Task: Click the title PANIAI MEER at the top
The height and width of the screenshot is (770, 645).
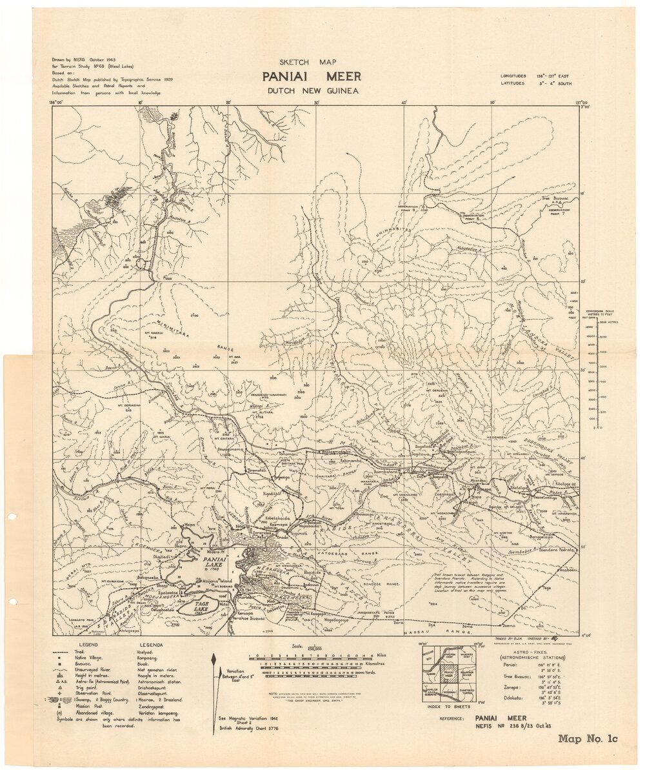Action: tap(311, 77)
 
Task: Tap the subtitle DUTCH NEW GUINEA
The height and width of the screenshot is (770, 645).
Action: tap(312, 91)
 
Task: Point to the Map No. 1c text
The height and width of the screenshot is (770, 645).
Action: tap(588, 739)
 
